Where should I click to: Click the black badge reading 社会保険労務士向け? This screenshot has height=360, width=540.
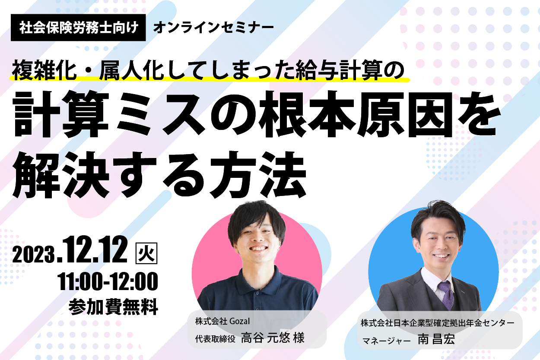pos(78,28)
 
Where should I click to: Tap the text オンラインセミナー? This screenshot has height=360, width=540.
pos(213,28)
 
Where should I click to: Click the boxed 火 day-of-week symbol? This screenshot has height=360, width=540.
pos(146,253)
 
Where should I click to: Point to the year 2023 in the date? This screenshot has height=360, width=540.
pos(33,254)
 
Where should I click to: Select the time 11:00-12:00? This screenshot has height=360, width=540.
pos(108,281)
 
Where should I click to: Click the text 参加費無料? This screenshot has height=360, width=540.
pos(113,306)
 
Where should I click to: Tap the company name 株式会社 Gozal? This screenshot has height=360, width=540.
pos(222,321)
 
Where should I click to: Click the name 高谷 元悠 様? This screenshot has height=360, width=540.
pos(273,338)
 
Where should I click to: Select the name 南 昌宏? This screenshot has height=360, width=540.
pos(436,339)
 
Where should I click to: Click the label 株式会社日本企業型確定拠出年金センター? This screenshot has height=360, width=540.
pos(438,323)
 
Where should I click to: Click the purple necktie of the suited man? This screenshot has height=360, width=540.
pos(446,295)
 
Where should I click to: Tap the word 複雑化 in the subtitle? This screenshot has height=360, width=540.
pos(44,70)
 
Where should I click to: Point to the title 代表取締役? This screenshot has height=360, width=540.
pos(215,339)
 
